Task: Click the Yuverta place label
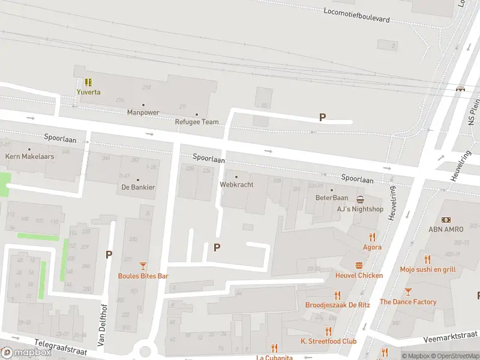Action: (88, 92)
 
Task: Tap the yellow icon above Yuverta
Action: (88, 82)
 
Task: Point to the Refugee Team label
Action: (196, 122)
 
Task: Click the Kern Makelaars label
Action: (29, 156)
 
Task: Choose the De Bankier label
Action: (138, 187)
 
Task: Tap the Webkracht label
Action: (236, 185)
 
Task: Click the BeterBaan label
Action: (332, 197)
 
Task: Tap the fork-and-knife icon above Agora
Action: (372, 237)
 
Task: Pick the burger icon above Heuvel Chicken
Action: (359, 265)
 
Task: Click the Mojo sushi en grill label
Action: (427, 269)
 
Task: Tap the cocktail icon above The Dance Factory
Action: (408, 292)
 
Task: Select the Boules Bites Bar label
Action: (143, 276)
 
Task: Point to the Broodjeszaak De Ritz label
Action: (337, 305)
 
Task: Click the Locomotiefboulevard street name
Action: (356, 15)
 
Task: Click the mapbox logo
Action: (26, 352)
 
